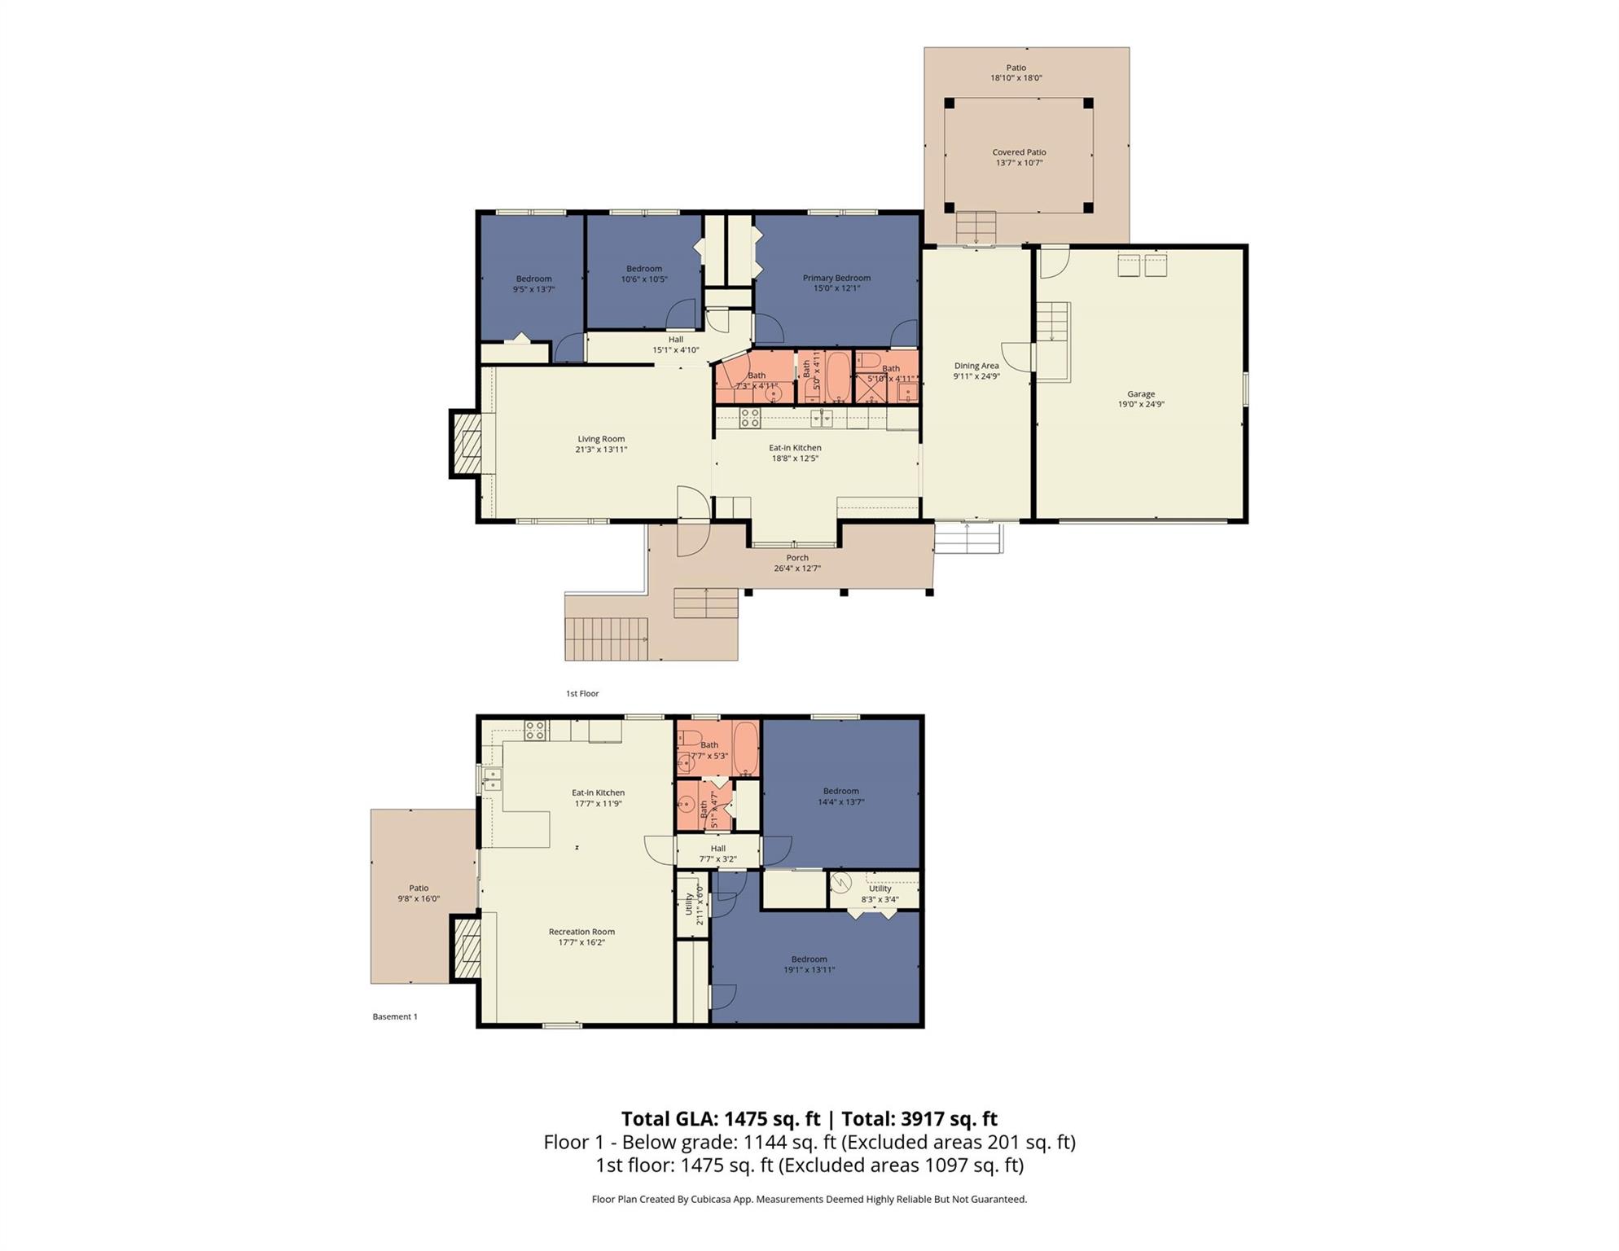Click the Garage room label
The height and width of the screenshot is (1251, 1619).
click(1140, 399)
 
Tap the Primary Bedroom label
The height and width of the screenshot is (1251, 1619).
click(836, 283)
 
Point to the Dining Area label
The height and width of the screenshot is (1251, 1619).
click(976, 371)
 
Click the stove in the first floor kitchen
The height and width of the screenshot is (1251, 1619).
click(750, 419)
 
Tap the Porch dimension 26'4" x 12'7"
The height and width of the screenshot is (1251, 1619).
click(796, 568)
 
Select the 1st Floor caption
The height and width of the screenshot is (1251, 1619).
click(582, 694)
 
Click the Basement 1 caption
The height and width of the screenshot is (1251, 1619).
click(395, 1016)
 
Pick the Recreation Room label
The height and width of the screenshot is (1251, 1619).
click(581, 937)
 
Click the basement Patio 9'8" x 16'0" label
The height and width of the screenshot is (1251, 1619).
click(419, 893)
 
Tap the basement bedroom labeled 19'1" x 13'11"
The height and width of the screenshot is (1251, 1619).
click(809, 964)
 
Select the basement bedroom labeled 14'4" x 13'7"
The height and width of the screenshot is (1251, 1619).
click(840, 796)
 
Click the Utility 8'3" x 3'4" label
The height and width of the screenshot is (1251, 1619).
click(880, 894)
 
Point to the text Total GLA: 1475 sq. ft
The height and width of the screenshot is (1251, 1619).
click(720, 1119)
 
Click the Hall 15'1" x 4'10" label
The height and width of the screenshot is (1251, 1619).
click(675, 345)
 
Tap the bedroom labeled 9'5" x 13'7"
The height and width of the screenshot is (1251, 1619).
click(533, 283)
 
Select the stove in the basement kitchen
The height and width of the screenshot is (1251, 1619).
click(535, 731)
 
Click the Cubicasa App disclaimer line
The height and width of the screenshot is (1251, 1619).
click(809, 1199)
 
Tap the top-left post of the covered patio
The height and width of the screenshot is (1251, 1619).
click(949, 103)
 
